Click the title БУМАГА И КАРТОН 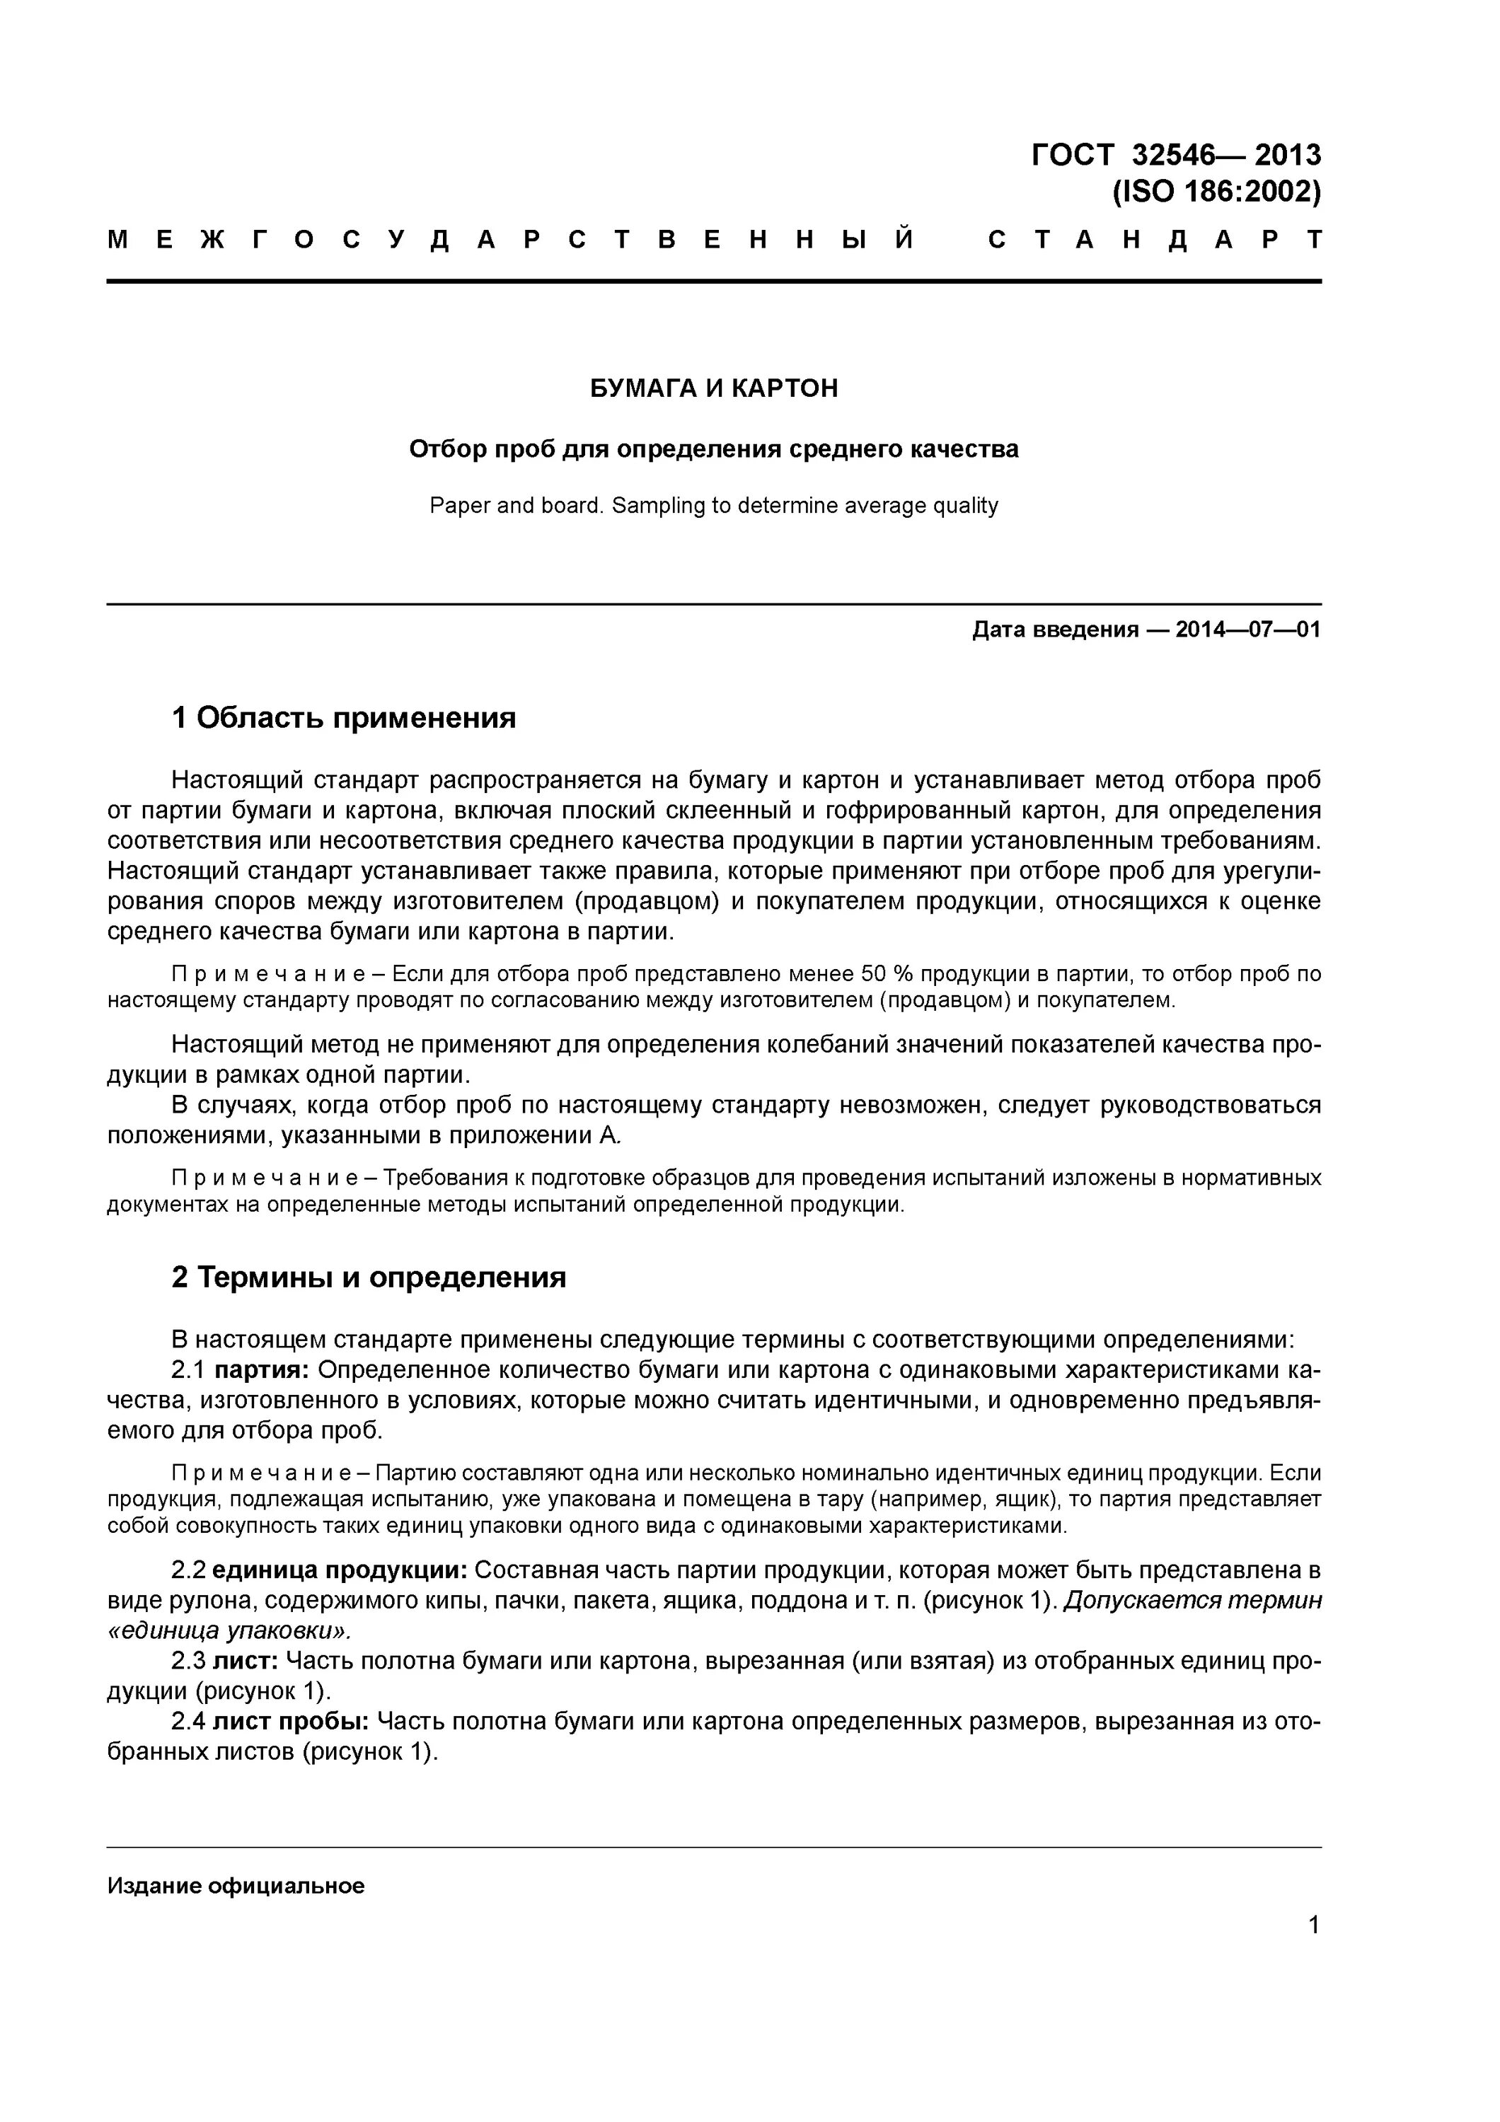click(713, 388)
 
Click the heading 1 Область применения click(344, 717)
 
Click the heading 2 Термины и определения click(369, 1277)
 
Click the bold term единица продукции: click(340, 1570)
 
